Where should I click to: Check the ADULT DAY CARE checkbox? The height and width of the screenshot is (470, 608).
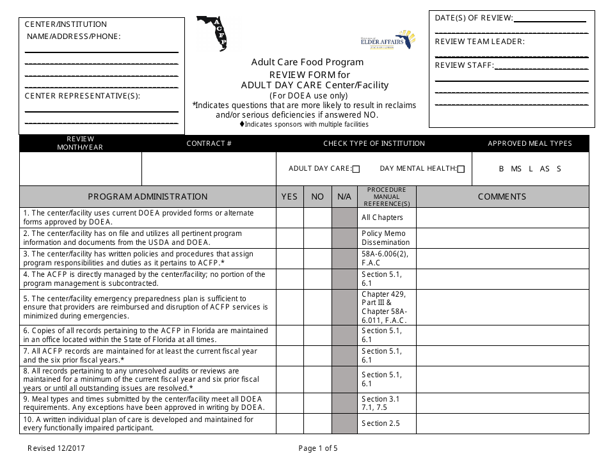(x=356, y=169)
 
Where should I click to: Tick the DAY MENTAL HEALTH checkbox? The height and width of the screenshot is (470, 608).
(x=461, y=169)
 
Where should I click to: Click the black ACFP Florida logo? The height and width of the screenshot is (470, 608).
(x=212, y=33)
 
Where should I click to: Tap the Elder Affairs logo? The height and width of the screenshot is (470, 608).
(x=388, y=40)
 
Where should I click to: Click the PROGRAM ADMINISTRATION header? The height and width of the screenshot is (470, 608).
(x=148, y=197)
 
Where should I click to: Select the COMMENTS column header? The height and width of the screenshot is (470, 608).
(x=502, y=197)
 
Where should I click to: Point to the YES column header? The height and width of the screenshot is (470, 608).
(x=289, y=197)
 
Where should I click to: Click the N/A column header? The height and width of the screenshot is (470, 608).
(x=344, y=197)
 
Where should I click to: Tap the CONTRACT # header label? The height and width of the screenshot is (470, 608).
(x=209, y=144)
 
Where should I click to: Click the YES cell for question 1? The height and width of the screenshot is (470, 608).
(x=289, y=217)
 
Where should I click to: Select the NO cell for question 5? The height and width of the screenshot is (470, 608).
(x=317, y=307)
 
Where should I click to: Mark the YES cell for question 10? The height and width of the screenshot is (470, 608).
(x=289, y=423)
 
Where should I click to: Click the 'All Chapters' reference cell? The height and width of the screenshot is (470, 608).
(x=382, y=217)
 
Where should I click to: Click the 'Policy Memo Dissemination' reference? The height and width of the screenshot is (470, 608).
(x=385, y=238)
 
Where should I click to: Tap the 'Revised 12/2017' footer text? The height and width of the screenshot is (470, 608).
(x=56, y=449)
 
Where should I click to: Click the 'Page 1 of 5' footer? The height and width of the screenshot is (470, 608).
(x=318, y=449)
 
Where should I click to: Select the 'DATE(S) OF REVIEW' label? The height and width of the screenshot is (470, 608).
(x=474, y=18)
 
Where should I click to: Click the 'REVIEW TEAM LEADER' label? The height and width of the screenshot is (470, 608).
(x=479, y=42)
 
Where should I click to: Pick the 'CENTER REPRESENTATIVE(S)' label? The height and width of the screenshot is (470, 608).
(x=82, y=97)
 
